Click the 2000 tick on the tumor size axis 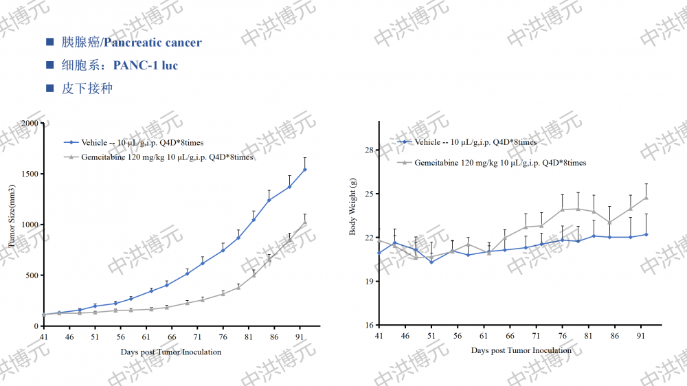pos(30,123)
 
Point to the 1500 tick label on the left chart pos(30,174)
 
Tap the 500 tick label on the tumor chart pos(32,275)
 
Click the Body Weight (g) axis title pos(353,206)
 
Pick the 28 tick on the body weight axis pos(368,150)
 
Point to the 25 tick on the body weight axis pos(368,194)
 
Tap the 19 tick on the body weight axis pos(368,282)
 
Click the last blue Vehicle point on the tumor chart pos(305,169)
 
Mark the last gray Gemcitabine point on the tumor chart pos(305,222)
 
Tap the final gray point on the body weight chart pos(646,198)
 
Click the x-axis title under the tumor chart pos(171,352)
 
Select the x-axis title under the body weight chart pos(521,350)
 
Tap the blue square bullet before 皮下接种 pos(49,89)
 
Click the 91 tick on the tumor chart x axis pos(300,337)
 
